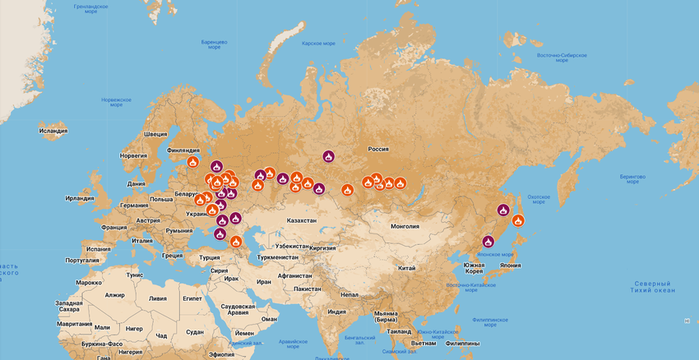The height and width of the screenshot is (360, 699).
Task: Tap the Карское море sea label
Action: pyautogui.click(x=318, y=44)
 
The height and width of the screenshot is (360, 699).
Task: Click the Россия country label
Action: pyautogui.click(x=377, y=149)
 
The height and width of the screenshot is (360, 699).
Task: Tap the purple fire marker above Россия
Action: pyautogui.click(x=328, y=156)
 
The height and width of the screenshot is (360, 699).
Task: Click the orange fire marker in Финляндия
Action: pyautogui.click(x=193, y=163)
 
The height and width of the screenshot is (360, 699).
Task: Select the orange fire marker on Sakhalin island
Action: pyautogui.click(x=518, y=219)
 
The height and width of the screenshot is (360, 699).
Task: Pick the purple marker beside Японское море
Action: pyautogui.click(x=488, y=241)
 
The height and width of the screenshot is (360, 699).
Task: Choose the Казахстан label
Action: pyautogui.click(x=301, y=221)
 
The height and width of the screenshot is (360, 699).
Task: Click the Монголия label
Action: pyautogui.click(x=405, y=226)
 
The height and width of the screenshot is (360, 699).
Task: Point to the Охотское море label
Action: pyautogui.click(x=537, y=200)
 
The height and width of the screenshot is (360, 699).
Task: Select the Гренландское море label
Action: pyautogui.click(x=93, y=8)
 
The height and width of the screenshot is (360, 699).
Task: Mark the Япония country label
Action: pyautogui.click(x=510, y=265)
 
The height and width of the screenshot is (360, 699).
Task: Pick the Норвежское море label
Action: pyautogui.click(x=116, y=102)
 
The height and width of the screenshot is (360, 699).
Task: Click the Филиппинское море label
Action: pyautogui.click(x=490, y=322)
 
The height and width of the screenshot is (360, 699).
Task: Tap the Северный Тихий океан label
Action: pyautogui.click(x=652, y=286)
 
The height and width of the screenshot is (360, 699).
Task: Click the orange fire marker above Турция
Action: pyautogui.click(x=235, y=242)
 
